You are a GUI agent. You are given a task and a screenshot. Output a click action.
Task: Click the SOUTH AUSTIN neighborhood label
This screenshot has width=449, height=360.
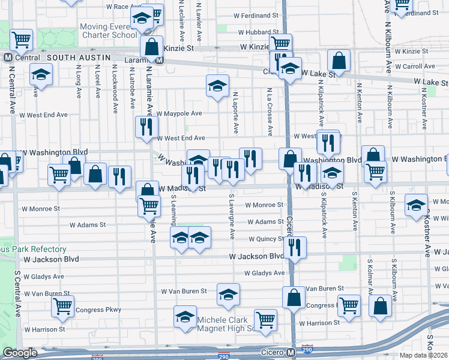79,58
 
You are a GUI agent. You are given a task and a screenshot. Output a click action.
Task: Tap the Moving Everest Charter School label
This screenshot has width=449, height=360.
109,31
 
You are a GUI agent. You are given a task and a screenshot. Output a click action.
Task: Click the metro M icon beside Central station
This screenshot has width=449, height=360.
8,58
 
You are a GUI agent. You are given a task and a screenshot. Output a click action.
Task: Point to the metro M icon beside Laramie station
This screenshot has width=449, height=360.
159,60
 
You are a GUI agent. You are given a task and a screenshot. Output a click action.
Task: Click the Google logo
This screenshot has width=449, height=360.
20,353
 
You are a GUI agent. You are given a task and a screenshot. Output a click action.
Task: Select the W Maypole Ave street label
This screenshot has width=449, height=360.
179,113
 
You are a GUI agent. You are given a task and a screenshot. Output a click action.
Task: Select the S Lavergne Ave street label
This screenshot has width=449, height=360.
231,214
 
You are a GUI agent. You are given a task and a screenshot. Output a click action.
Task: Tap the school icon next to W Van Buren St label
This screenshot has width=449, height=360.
228,294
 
